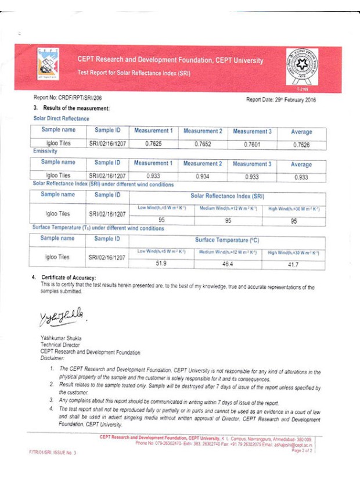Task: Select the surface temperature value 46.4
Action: click(228, 264)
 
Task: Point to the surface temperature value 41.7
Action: click(293, 265)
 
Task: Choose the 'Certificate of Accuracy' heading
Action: click(69, 278)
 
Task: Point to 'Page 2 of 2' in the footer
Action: click(303, 450)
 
